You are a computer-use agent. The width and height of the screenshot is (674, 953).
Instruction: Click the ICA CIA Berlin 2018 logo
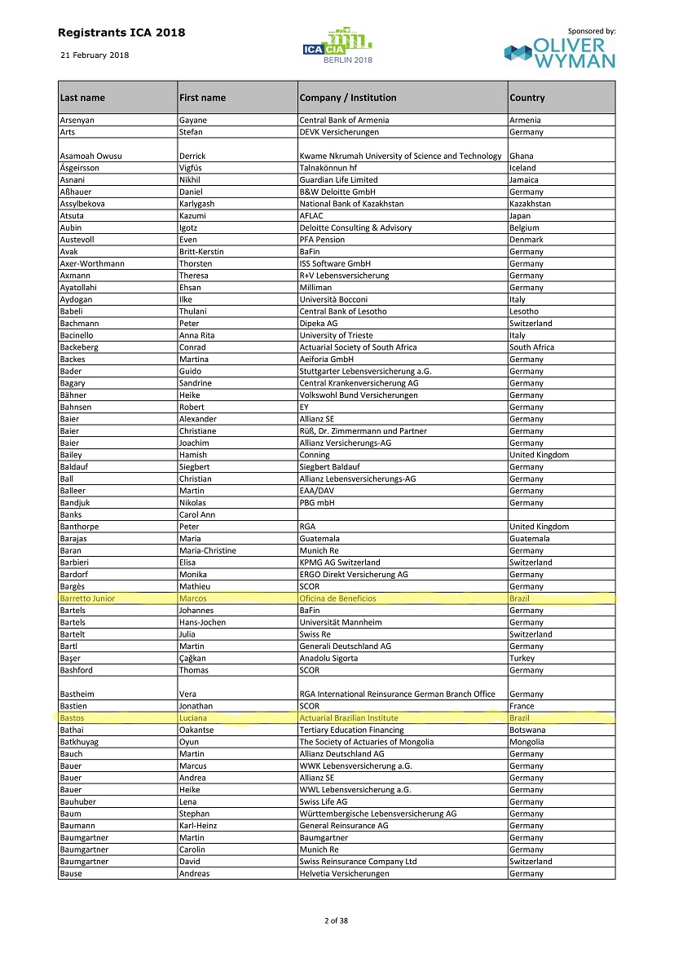click(337, 46)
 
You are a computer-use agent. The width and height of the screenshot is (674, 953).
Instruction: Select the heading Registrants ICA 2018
click(121, 33)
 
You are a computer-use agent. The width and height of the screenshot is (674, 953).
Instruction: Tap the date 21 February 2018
click(95, 55)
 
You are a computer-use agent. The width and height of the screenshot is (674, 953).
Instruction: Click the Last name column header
click(82, 98)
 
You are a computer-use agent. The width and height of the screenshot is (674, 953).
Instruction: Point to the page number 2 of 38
click(337, 921)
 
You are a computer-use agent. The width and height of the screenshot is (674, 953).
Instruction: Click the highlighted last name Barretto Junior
click(87, 598)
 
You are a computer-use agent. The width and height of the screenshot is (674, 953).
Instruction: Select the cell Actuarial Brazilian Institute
click(349, 718)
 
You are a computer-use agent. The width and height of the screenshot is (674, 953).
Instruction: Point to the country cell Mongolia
click(528, 742)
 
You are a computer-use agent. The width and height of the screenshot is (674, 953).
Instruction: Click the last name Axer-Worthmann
click(92, 263)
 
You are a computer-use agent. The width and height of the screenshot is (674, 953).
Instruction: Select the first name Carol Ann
click(198, 515)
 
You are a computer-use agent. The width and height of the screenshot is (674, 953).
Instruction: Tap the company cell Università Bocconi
click(333, 299)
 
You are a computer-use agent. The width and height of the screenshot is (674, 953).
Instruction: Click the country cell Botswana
click(527, 730)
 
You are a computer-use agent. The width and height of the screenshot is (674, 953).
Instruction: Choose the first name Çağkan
click(193, 658)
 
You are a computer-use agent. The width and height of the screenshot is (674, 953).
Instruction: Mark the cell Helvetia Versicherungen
click(344, 874)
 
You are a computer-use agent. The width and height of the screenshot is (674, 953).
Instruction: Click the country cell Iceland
click(523, 168)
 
